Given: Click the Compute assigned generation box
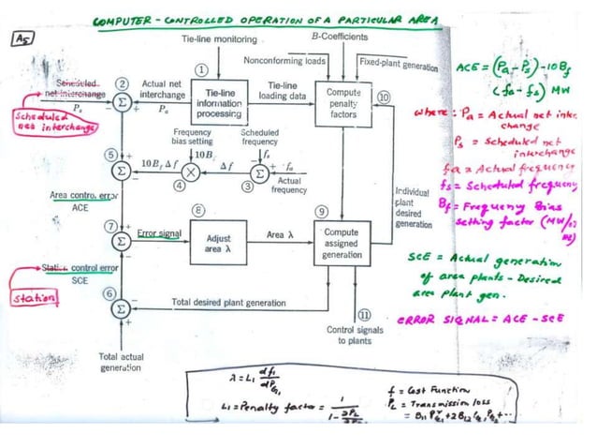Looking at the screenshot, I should coord(344,244).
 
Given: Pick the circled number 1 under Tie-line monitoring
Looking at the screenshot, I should coord(200,70).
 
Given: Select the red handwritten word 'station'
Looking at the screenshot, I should coord(33,298).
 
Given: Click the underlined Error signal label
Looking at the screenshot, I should coord(158,231).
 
